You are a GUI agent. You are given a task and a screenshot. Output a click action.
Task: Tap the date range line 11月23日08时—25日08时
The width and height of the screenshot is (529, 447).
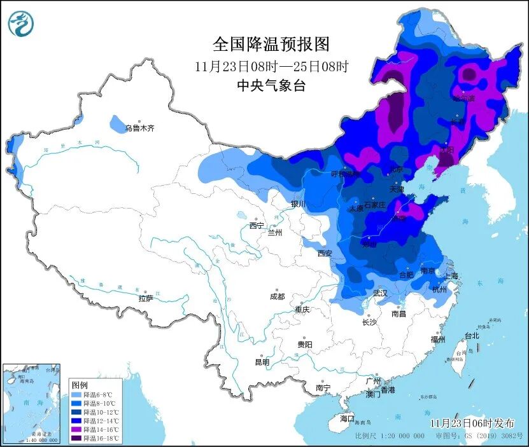click(x=272, y=66)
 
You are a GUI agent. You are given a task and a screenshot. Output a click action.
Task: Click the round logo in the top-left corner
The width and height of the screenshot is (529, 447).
click(x=21, y=24)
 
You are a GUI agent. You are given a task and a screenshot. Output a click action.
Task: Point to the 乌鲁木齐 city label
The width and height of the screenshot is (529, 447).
click(x=139, y=128)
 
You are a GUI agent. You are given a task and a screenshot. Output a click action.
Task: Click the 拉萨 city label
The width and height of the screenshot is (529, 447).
click(x=145, y=298)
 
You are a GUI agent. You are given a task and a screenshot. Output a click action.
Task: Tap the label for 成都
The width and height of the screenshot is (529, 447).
click(x=277, y=296)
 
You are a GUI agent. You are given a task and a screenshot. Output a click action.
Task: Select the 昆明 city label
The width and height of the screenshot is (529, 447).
click(x=262, y=362)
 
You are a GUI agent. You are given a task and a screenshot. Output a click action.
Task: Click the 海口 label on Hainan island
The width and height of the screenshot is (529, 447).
click(x=346, y=419)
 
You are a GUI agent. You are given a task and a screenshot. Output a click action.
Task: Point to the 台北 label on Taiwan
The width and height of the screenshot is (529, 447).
click(x=471, y=336)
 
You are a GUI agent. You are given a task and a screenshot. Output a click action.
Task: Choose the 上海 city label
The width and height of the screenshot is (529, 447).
click(x=451, y=276)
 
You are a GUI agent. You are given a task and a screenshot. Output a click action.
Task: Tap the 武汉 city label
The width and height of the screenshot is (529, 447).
click(x=380, y=293)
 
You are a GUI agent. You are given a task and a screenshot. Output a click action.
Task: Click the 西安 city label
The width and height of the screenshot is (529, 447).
click(x=325, y=253)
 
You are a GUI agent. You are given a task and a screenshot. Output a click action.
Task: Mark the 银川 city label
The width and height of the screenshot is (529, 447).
click(x=298, y=204)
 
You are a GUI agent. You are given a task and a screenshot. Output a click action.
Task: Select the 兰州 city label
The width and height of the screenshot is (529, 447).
click(x=274, y=233)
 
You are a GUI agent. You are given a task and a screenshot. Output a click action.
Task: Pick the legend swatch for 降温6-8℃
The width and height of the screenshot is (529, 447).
click(x=76, y=394)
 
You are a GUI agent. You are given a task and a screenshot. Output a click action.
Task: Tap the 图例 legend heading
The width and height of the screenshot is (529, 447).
click(x=80, y=385)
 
